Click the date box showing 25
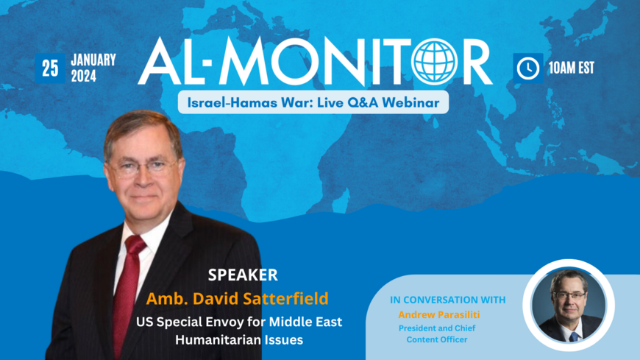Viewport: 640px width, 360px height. tap(50, 68)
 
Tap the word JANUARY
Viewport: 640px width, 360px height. tap(93, 60)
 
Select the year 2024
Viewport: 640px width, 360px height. tap(84, 76)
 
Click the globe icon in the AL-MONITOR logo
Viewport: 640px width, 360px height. tap(434, 62)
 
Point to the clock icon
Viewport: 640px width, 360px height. tap(528, 68)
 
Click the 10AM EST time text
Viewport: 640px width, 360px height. tap(572, 68)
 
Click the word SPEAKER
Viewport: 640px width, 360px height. tap(243, 275)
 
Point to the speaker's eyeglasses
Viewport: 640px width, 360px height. tap(142, 166)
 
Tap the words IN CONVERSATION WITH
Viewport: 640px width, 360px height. tap(448, 300)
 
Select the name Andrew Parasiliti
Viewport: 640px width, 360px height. tap(439, 314)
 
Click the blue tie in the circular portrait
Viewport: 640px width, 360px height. tap(574, 337)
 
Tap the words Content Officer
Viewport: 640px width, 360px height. tap(437, 339)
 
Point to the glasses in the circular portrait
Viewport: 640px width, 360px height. tap(569, 295)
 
